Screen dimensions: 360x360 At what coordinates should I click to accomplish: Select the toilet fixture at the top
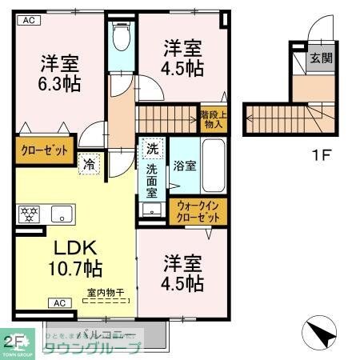[122, 36]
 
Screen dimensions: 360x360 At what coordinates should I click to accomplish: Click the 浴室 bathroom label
[182, 166]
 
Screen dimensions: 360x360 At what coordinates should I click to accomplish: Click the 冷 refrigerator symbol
[89, 163]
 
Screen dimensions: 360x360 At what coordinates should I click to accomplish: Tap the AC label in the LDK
[59, 302]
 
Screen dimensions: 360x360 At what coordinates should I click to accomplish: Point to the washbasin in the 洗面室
[151, 210]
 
